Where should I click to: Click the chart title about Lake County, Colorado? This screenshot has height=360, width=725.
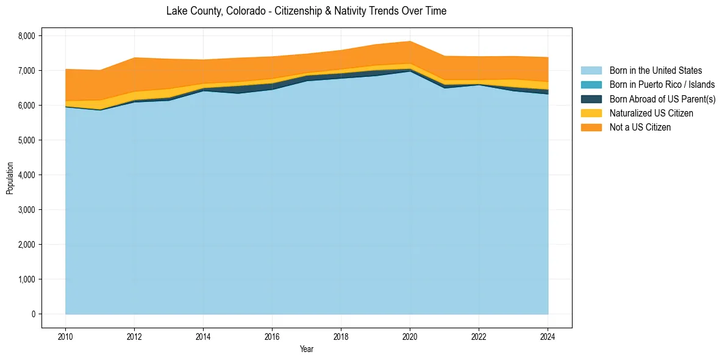[x=306, y=11]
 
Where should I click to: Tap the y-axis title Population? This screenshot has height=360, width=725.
[x=10, y=178]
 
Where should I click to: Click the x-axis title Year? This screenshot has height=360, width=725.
[x=307, y=349]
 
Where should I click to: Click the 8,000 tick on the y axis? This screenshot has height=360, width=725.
[x=27, y=36]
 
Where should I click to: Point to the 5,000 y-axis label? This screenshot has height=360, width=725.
[x=27, y=140]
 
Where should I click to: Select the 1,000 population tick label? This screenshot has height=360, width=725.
[x=27, y=279]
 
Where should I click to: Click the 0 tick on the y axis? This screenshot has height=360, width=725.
[x=34, y=314]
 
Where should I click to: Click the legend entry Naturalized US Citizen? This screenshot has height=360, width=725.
[x=651, y=113]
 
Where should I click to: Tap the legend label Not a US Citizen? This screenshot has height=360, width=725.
[x=640, y=128]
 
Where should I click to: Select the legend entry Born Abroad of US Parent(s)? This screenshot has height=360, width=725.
[x=662, y=99]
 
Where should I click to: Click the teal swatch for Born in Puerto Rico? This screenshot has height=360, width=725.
[x=591, y=85]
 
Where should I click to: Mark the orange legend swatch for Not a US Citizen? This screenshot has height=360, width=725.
[x=591, y=128]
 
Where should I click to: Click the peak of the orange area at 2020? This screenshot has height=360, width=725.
[x=410, y=41]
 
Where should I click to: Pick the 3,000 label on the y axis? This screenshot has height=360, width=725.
[x=27, y=210]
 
